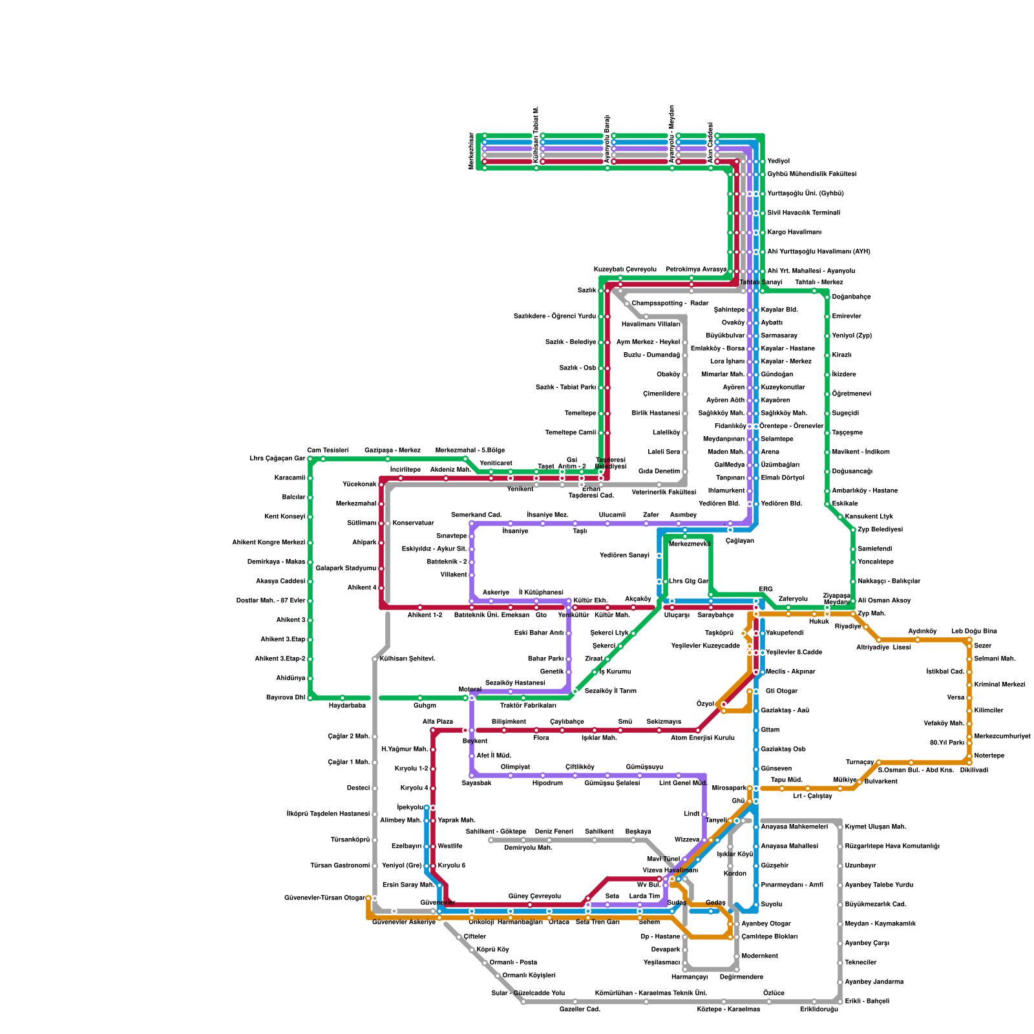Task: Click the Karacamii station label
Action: tap(289, 478)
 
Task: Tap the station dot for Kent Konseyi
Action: tap(310, 517)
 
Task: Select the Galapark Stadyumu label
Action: tap(346, 569)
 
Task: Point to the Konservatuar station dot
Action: tap(388, 523)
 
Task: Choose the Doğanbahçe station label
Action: tap(851, 297)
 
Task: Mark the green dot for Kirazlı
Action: tap(827, 355)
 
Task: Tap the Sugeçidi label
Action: tap(845, 414)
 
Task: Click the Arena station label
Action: tap(770, 452)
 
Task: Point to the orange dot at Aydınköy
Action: tap(918, 640)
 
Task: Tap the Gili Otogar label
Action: tap(781, 691)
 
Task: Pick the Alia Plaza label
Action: tap(438, 722)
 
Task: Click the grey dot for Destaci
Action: tap(375, 788)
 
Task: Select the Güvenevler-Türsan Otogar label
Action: tap(324, 898)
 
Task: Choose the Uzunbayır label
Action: tap(860, 866)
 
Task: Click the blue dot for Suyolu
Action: tap(756, 905)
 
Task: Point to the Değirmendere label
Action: tap(741, 977)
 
